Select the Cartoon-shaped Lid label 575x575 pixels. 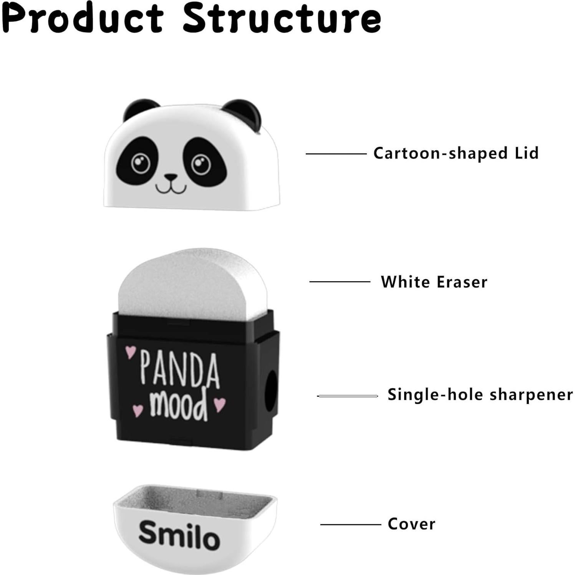456,153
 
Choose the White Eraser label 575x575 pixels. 434,282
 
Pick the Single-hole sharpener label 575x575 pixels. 480,395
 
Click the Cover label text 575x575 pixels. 411,524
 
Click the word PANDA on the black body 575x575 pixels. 180,369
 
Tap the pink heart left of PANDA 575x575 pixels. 130,352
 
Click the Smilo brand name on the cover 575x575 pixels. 179,535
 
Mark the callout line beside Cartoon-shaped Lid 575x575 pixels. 336,154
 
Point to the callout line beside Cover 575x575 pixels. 350,524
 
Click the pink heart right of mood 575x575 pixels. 219,404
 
